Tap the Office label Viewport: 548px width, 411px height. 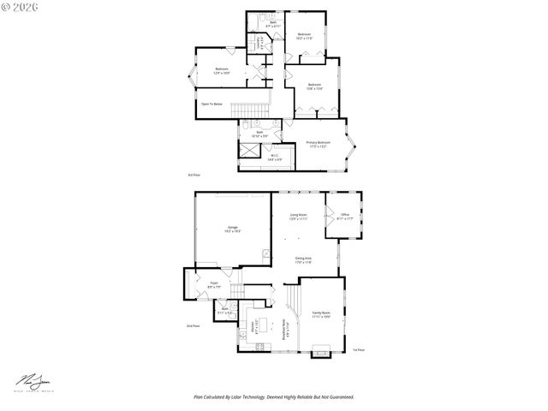(345, 216)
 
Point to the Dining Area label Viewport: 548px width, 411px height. (303, 259)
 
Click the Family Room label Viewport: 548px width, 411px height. (321, 314)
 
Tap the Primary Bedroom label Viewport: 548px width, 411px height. (318, 144)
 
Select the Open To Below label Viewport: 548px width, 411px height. (211, 104)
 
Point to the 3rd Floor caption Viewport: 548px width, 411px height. (194, 174)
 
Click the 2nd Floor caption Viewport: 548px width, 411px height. (194, 325)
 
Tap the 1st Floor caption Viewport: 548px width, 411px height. (358, 349)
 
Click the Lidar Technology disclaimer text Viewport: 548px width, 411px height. (273, 397)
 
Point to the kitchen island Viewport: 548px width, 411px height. (263, 329)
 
